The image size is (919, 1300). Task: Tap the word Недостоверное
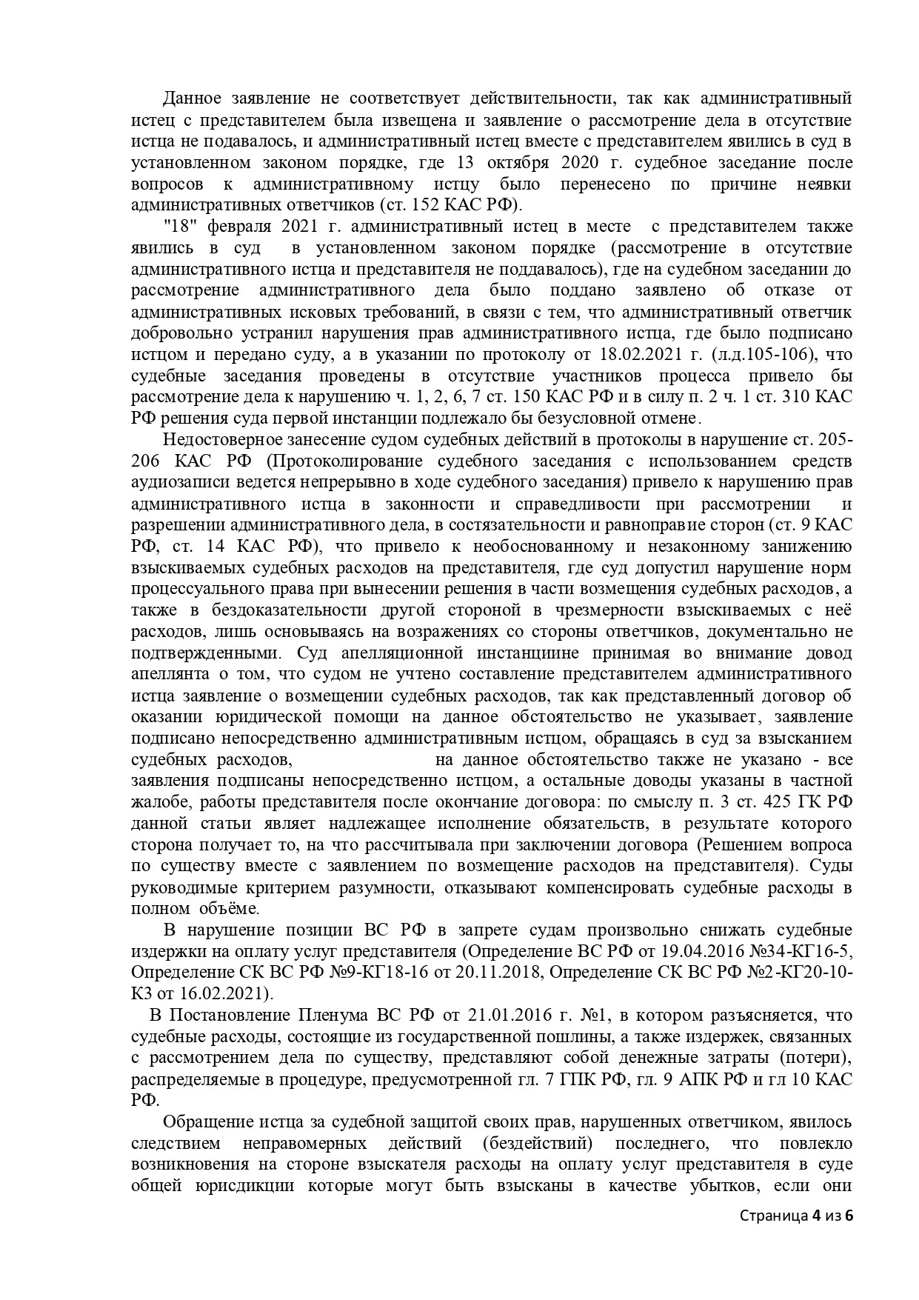[x=224, y=439]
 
